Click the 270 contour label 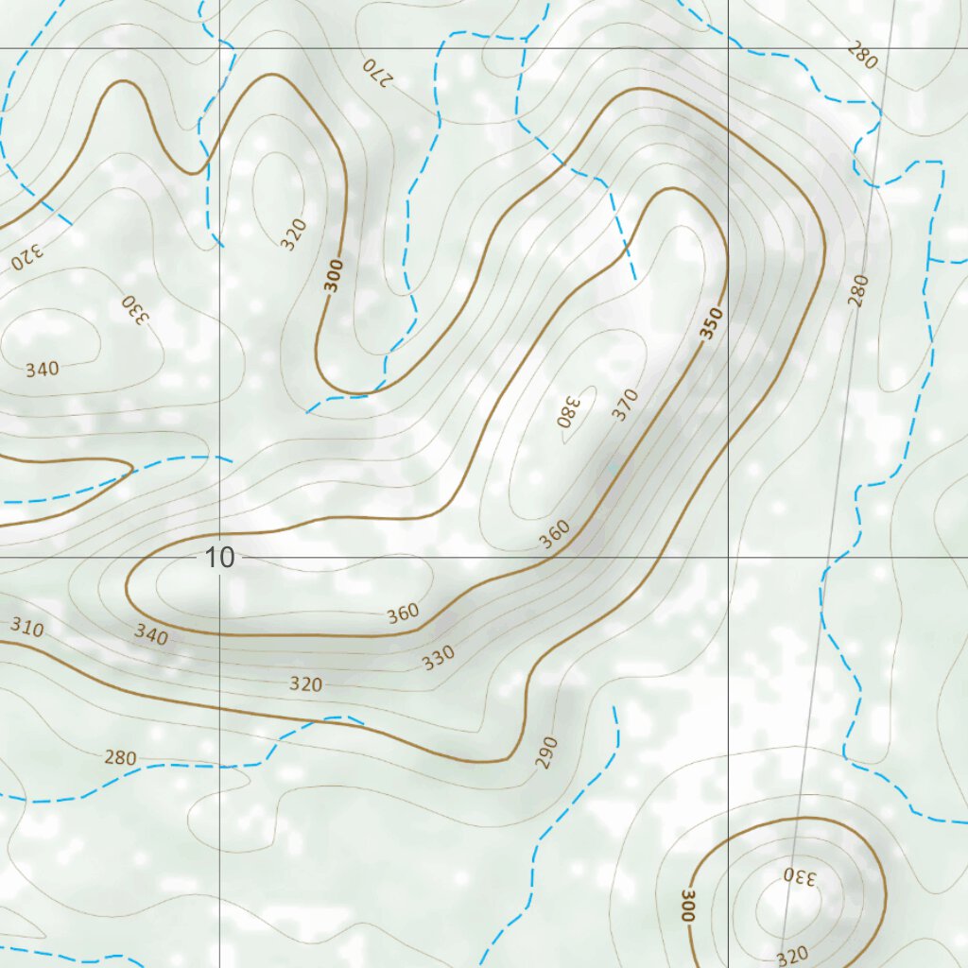375,71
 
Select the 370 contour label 625,404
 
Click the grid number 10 219,558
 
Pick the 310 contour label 27,627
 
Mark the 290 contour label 548,752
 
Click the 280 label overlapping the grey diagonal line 857,290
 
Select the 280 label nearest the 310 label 120,757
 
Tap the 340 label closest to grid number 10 150,635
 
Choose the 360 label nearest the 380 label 555,535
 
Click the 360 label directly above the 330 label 403,614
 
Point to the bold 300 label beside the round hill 688,905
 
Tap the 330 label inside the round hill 800,875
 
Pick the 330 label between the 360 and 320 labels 439,657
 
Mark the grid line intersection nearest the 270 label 219,48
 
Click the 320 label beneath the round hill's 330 791,957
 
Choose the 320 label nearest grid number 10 305,684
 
